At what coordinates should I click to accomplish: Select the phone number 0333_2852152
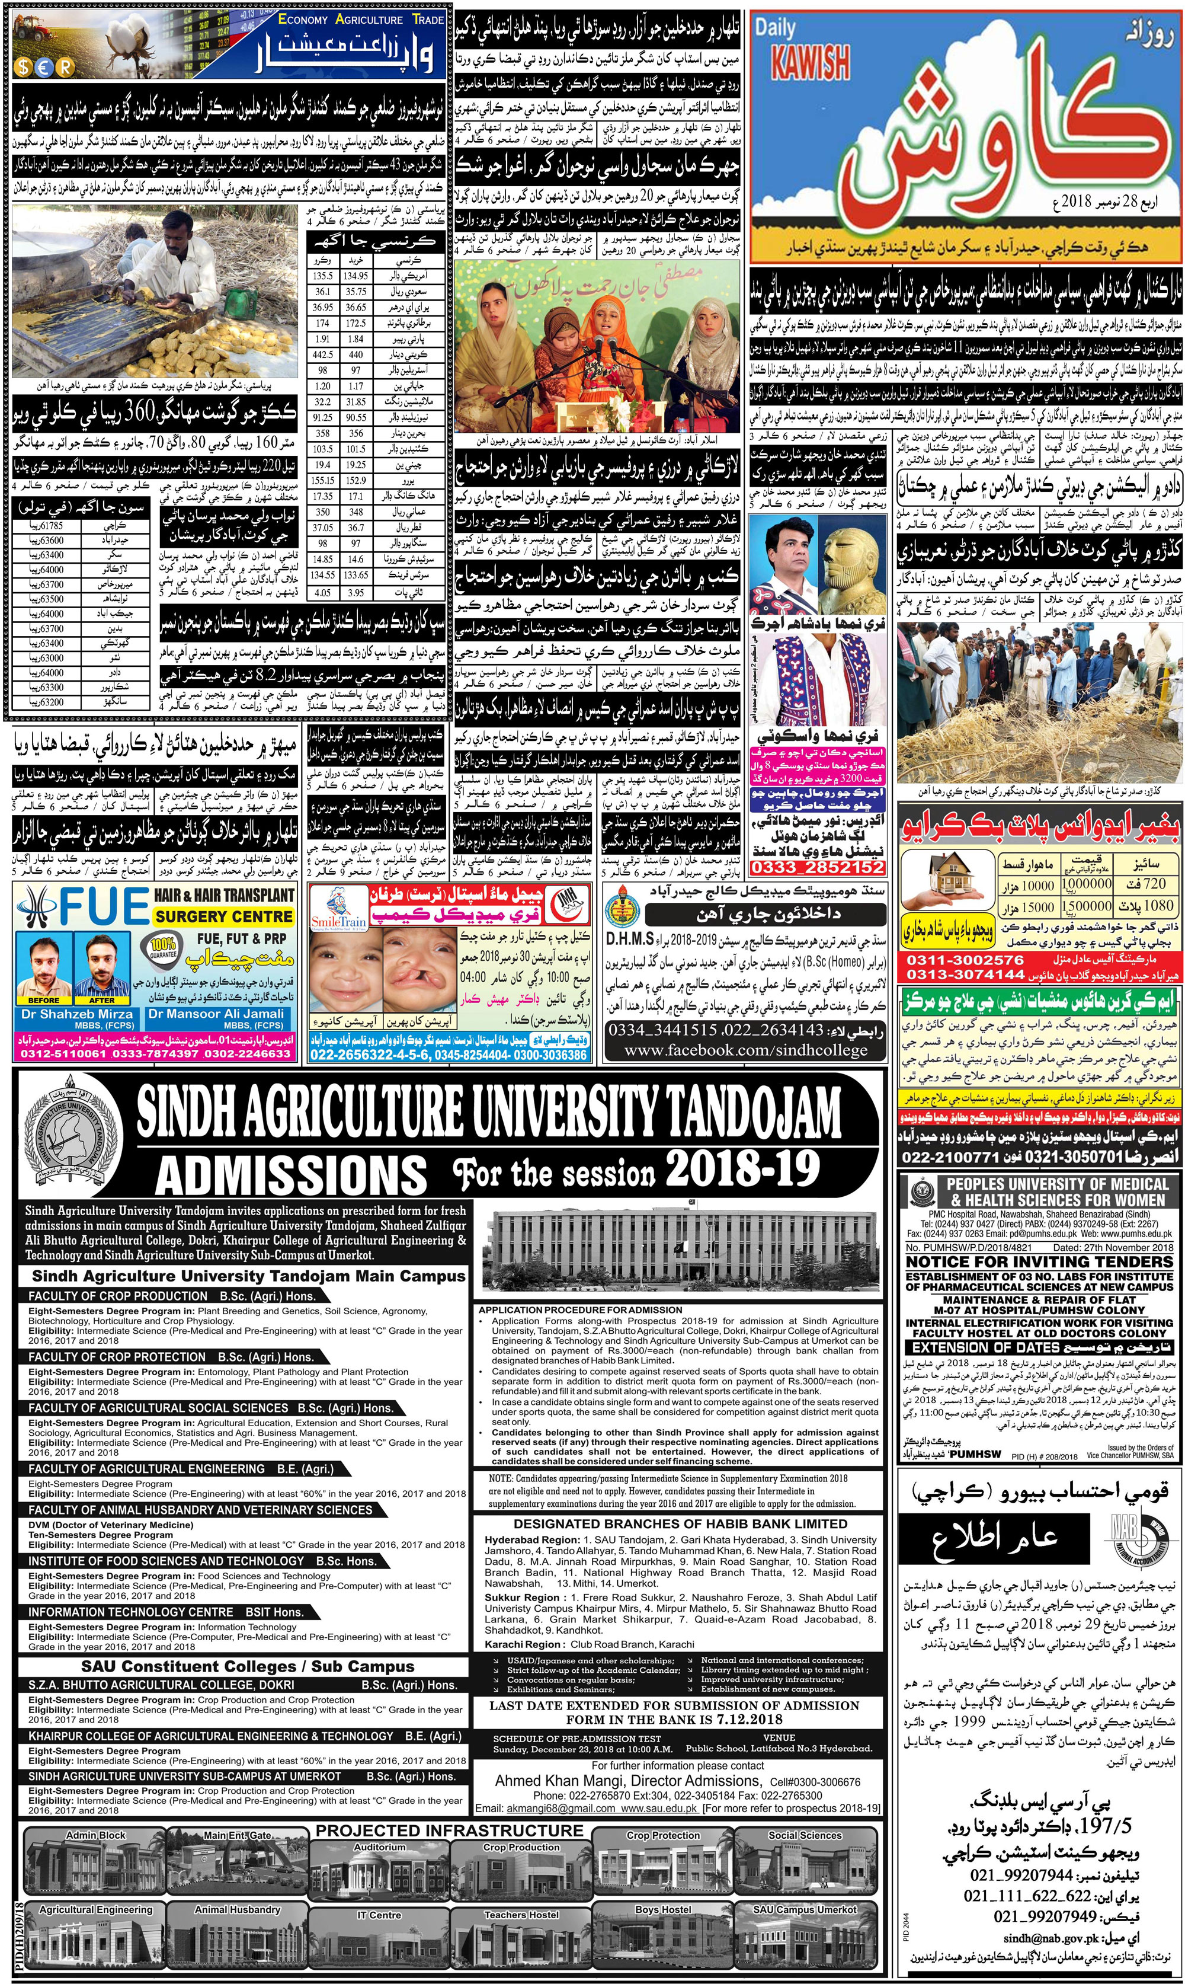click(x=818, y=867)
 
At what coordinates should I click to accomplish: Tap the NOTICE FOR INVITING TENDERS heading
click(x=1039, y=1261)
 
